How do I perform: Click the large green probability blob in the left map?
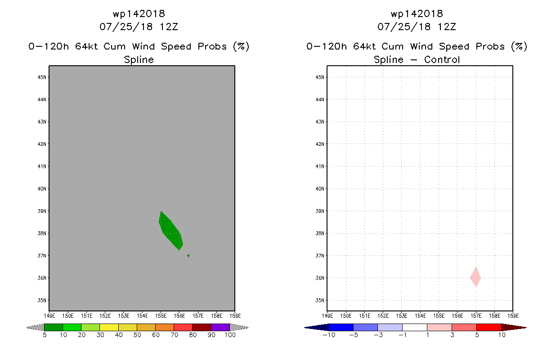click(171, 231)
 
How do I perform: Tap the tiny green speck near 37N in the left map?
click(188, 256)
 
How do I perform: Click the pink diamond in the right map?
click(475, 277)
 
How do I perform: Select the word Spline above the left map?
click(139, 59)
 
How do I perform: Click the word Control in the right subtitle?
click(442, 59)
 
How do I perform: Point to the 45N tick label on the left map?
click(42, 77)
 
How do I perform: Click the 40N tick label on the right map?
click(320, 189)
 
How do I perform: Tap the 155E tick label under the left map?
click(161, 316)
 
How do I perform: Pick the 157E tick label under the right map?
click(476, 316)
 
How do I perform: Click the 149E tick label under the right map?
click(327, 316)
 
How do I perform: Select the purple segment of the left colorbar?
click(220, 327)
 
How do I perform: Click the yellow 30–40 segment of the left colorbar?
click(109, 327)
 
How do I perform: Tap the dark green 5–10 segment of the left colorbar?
click(54, 327)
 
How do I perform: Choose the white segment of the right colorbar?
click(414, 327)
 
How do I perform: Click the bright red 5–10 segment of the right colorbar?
click(489, 327)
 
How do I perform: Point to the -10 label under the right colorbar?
click(329, 335)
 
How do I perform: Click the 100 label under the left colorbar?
click(230, 335)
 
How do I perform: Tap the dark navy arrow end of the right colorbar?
click(317, 328)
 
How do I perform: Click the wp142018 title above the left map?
click(139, 14)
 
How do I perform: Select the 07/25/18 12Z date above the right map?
click(417, 27)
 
